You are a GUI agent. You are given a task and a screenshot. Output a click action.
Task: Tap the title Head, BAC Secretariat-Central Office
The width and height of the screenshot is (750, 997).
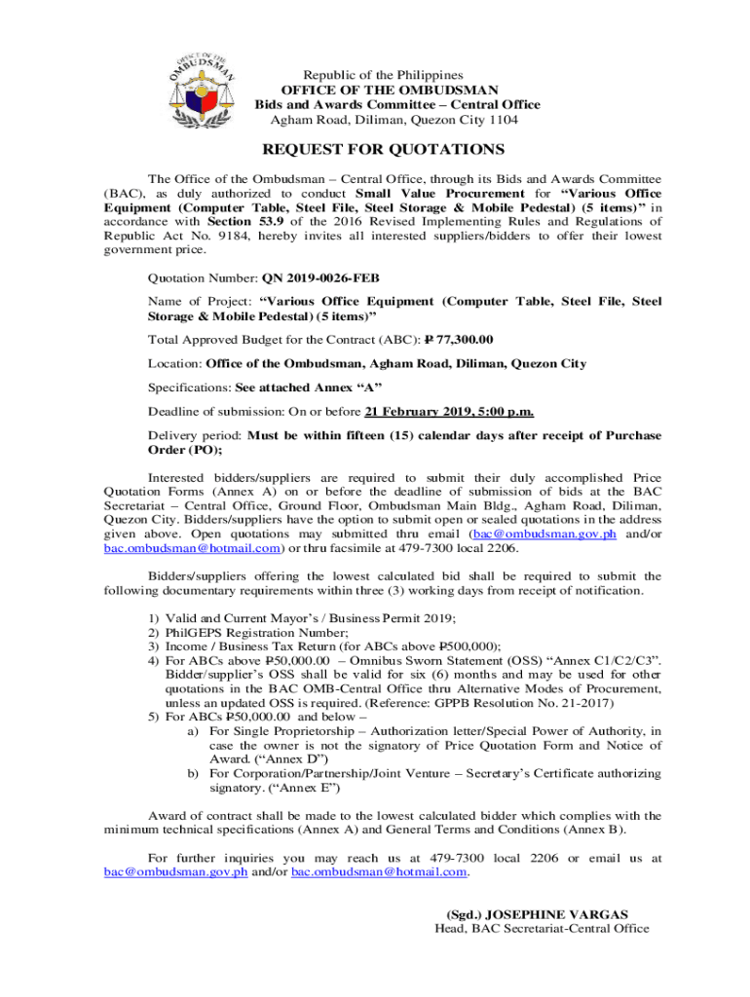[542, 929]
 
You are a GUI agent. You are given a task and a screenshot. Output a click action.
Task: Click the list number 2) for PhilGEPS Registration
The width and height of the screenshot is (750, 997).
[153, 632]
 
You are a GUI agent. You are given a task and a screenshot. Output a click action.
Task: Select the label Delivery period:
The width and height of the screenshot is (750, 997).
[195, 435]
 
